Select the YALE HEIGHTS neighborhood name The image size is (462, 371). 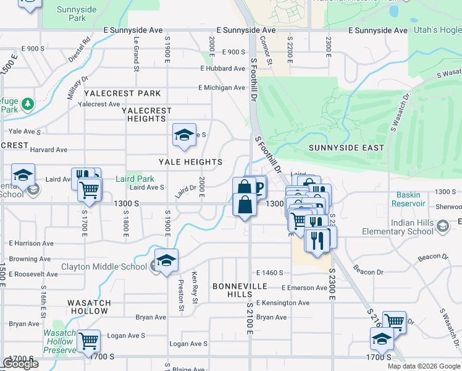(x=190, y=162)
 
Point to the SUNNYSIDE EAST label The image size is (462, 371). (x=346, y=148)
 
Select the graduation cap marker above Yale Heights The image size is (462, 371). (x=183, y=136)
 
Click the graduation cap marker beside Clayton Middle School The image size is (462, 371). (x=166, y=261)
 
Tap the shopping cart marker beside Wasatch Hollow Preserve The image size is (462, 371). (x=89, y=340)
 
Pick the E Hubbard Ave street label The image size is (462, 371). (x=222, y=69)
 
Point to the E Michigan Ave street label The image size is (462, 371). (x=222, y=88)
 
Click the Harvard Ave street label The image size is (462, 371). (x=49, y=150)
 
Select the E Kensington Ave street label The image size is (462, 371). (x=282, y=303)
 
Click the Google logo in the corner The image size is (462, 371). (x=20, y=364)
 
